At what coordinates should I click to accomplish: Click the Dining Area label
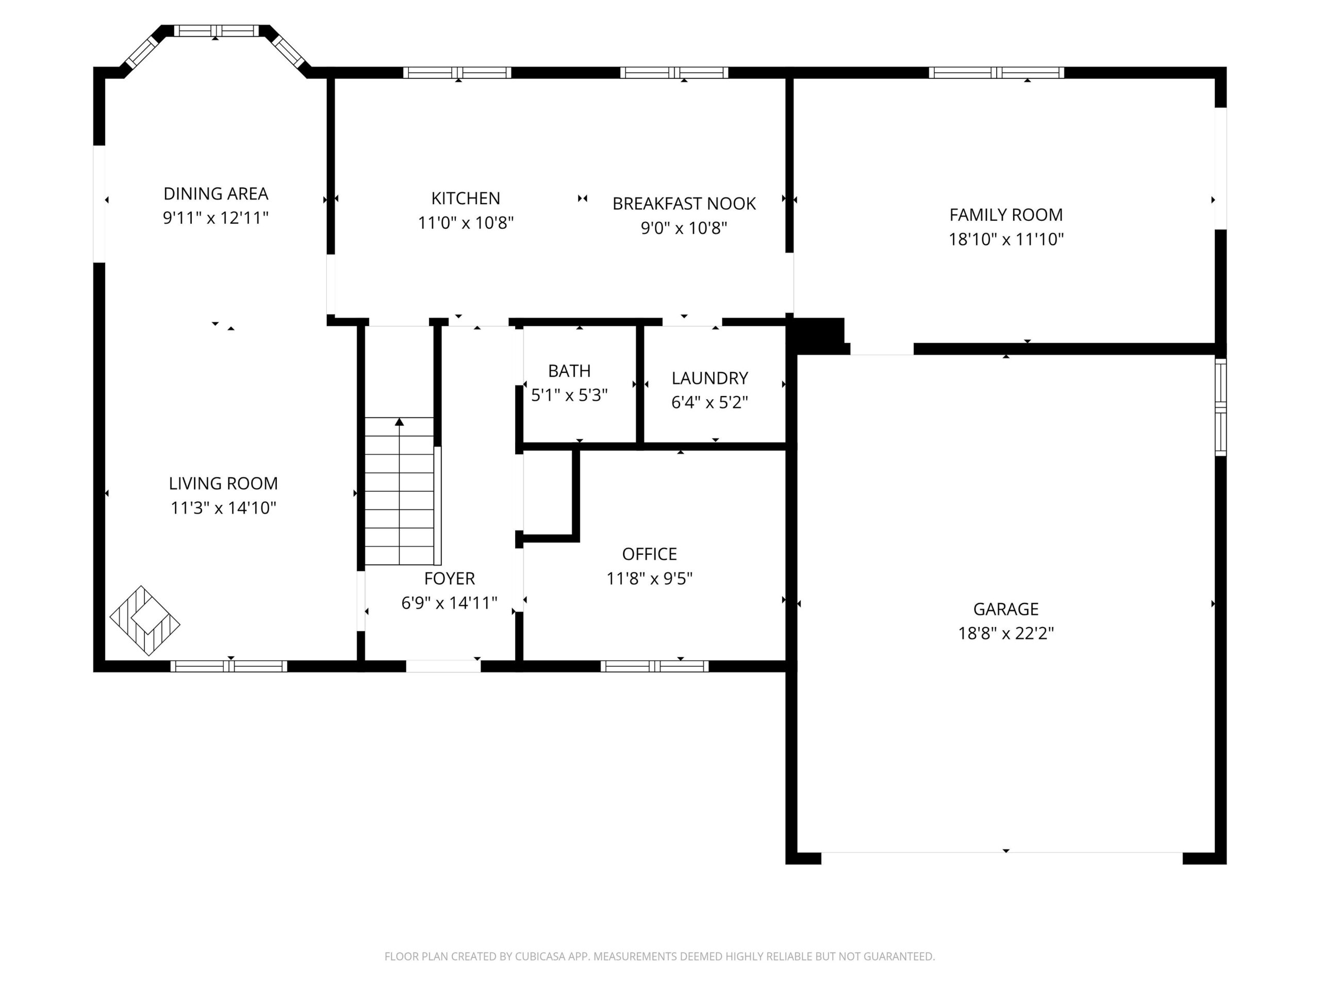216,193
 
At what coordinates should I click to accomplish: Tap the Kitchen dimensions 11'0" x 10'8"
466,223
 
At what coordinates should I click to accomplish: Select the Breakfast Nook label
684,204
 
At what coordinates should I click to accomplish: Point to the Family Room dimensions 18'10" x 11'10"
1006,239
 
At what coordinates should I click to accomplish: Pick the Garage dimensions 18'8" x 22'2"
1006,633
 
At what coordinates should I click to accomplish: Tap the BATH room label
569,371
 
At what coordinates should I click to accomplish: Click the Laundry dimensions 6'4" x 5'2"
709,402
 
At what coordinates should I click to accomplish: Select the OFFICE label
649,554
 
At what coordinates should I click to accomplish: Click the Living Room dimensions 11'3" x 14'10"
223,508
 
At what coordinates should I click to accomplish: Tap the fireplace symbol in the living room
144,621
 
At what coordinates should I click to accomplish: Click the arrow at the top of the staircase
399,422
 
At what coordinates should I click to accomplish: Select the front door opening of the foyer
443,666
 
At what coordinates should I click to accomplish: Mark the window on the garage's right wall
1221,407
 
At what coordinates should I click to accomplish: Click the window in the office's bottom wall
655,666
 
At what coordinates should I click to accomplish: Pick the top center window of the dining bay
216,30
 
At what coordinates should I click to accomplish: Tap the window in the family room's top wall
996,73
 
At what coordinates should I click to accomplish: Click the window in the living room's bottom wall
228,666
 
